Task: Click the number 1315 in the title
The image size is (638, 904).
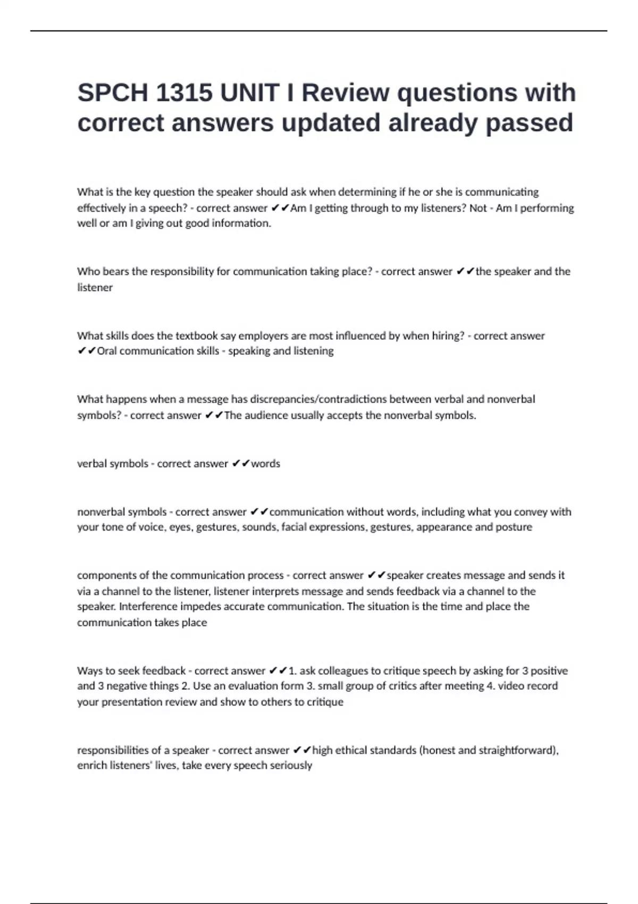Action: pyautogui.click(x=184, y=93)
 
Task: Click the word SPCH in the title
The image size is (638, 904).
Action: pyautogui.click(x=113, y=93)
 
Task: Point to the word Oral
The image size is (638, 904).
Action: pyautogui.click(x=107, y=351)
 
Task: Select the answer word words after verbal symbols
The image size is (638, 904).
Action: pyautogui.click(x=265, y=464)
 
